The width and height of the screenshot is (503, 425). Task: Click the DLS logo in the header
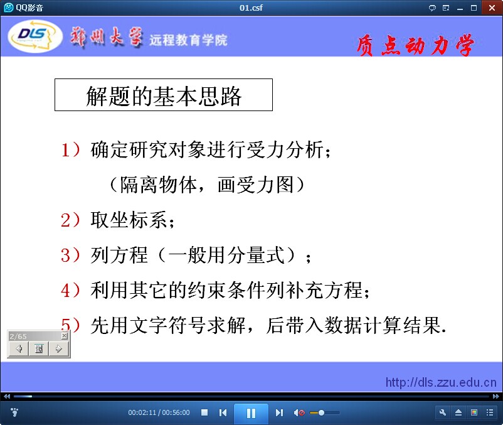(x=35, y=36)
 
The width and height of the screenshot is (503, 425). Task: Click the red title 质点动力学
(x=415, y=45)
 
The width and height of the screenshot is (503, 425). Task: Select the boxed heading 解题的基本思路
(x=164, y=95)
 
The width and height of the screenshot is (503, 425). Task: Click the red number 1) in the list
(x=70, y=150)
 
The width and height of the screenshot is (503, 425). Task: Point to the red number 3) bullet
(x=70, y=256)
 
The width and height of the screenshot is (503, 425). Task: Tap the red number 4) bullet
(x=70, y=290)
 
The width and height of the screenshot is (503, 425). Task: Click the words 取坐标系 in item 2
(x=129, y=220)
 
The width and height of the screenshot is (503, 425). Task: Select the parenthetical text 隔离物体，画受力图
(x=206, y=185)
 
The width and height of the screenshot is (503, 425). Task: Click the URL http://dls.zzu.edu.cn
(x=441, y=382)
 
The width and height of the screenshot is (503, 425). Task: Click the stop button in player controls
(x=204, y=412)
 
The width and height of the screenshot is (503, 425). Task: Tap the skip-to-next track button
(x=279, y=412)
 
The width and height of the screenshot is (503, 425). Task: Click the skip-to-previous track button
(x=223, y=412)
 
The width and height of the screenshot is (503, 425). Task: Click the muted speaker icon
(x=299, y=412)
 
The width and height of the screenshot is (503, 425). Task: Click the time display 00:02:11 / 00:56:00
(x=159, y=412)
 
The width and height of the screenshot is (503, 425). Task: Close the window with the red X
(x=492, y=8)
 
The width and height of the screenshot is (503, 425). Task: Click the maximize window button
(x=474, y=8)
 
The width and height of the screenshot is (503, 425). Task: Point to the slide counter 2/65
(x=18, y=336)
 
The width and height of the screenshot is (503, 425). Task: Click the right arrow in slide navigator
(x=59, y=348)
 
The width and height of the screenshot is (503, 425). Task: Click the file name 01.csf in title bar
(x=251, y=8)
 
